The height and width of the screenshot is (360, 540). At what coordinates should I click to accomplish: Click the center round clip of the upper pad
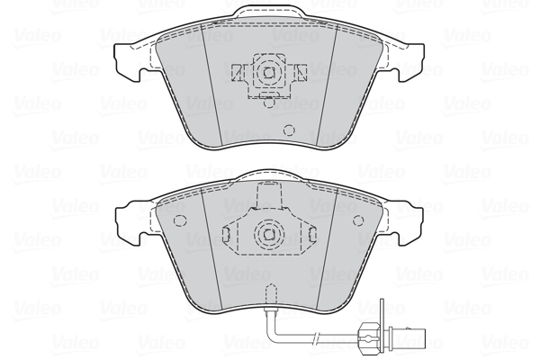tap(266, 72)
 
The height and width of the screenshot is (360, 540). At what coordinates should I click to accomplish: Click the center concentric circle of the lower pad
tap(267, 234)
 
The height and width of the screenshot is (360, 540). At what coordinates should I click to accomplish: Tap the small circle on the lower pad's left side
tap(179, 220)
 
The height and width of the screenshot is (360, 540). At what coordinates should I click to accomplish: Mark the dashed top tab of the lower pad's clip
tap(267, 194)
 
